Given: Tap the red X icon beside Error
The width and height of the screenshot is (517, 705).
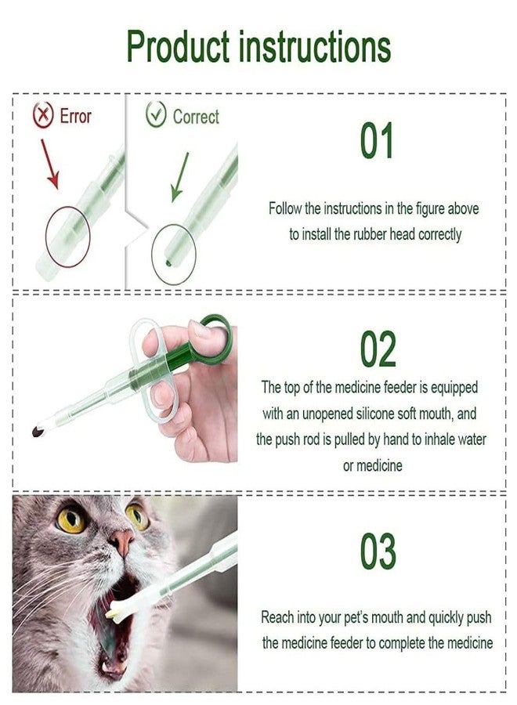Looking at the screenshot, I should tap(42, 117).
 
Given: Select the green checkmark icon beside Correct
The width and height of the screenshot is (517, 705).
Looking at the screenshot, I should tap(156, 117).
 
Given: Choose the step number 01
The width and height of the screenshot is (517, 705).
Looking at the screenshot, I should tap(377, 142).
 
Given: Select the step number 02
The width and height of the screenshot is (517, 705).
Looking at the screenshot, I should tap(378, 350).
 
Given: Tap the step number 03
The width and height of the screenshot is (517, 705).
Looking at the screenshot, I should tap(378, 552).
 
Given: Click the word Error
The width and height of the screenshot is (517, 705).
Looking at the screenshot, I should tap(75, 117).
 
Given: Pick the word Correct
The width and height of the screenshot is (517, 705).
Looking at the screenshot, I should tap(196, 117).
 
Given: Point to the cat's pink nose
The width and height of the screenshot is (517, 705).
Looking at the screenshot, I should tap(121, 540).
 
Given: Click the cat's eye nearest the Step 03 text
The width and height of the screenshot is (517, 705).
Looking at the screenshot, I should tap(137, 515).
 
